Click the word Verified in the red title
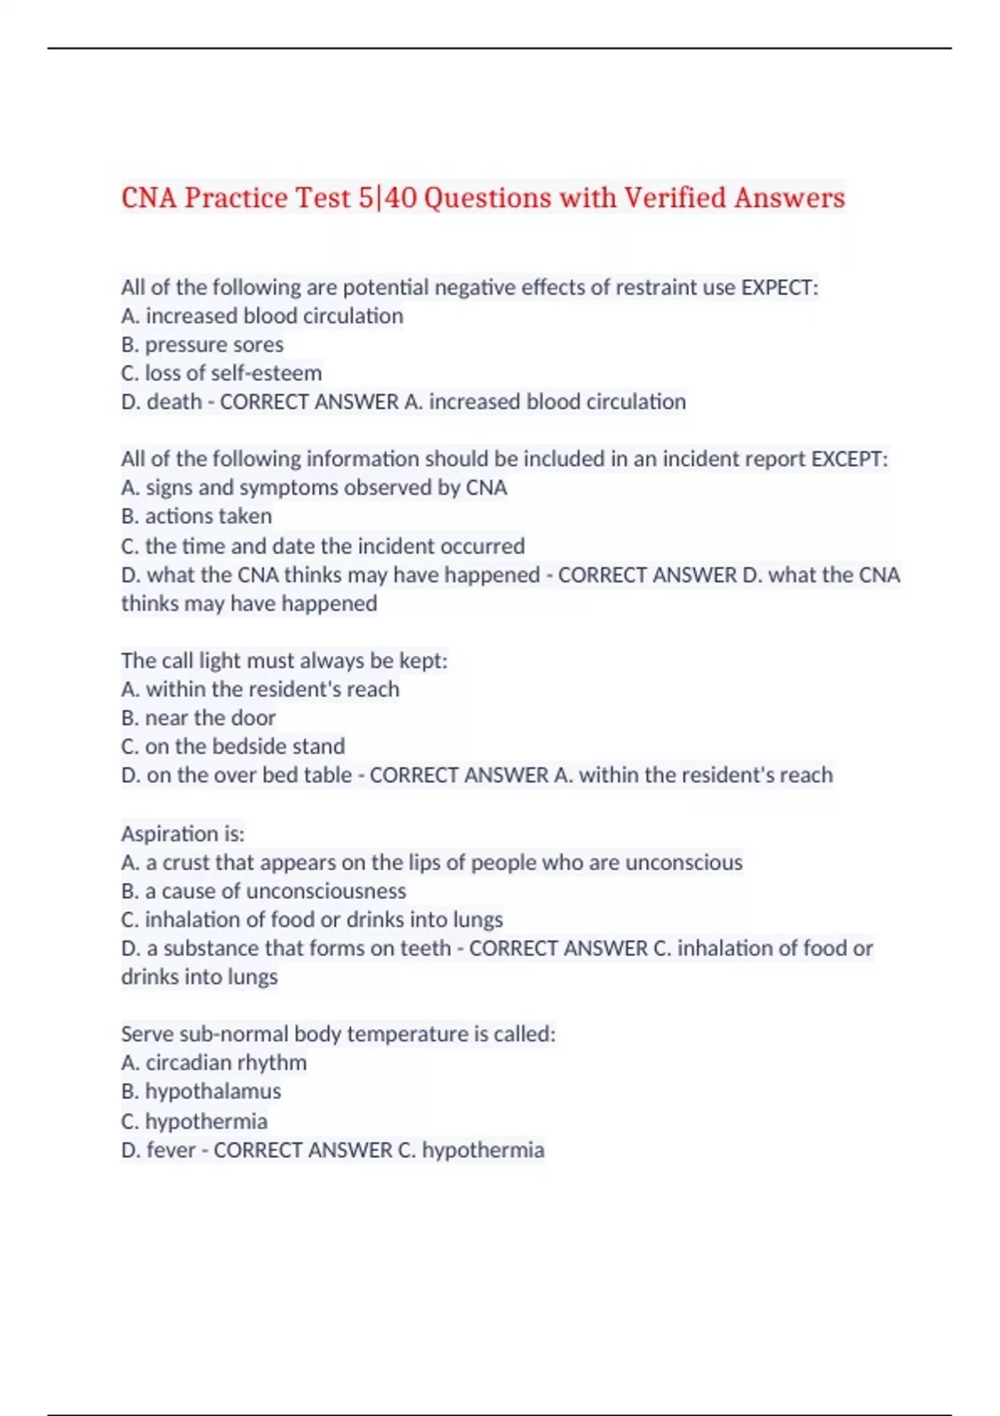tap(675, 198)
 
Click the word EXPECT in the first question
tap(777, 287)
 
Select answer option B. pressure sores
tap(202, 345)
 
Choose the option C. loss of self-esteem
tap(222, 373)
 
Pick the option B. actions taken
tap(197, 516)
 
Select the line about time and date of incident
tap(323, 546)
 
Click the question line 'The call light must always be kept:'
tap(284, 661)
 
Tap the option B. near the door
tap(198, 718)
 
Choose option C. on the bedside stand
tap(233, 746)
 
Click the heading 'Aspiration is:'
tap(183, 834)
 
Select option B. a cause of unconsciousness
tap(264, 891)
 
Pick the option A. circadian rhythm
tap(214, 1063)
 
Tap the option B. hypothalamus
tap(202, 1091)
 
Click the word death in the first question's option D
tap(174, 402)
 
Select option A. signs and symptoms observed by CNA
tap(314, 487)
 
